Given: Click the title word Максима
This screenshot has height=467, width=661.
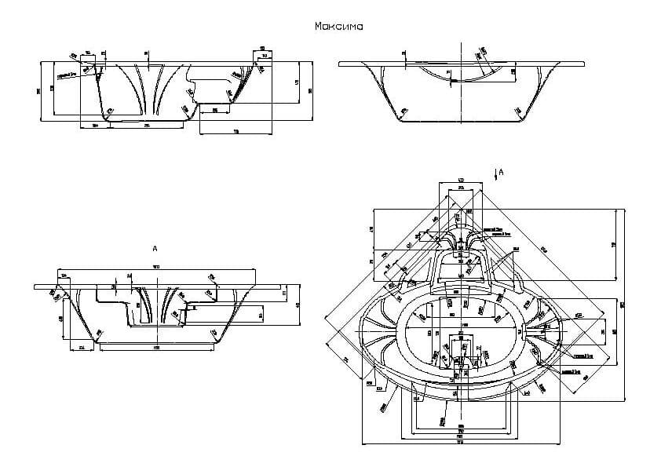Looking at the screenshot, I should tap(338, 26).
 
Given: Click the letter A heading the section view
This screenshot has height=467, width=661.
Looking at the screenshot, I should tap(155, 248).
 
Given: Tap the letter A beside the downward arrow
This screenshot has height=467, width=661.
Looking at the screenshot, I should tap(501, 170).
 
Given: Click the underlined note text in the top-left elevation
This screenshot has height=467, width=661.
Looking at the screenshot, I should tap(67, 75).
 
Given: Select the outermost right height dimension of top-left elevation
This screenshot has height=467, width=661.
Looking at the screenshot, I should tap(310, 89).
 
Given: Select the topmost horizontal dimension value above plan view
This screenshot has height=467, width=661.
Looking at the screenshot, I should tap(461, 181).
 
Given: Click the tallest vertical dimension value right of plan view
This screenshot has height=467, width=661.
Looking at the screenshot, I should tap(622, 304).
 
